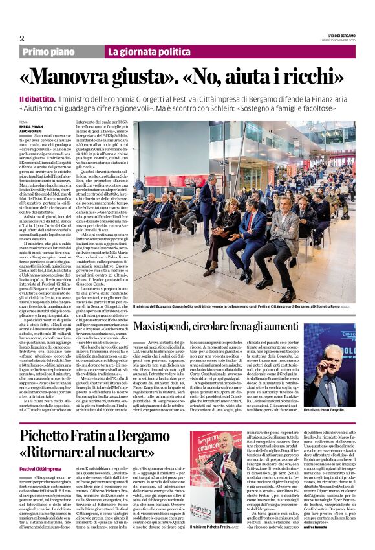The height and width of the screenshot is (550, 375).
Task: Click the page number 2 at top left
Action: click(x=22, y=38)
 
